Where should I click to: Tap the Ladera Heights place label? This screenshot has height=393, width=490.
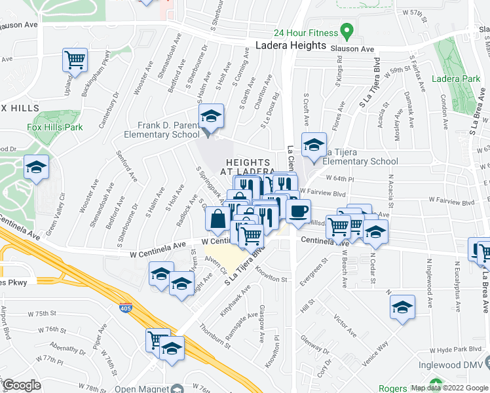pyautogui.click(x=290, y=45)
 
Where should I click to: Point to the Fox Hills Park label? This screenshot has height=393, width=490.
pyautogui.click(x=54, y=126)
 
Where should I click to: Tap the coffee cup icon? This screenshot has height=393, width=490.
pyautogui.click(x=299, y=211)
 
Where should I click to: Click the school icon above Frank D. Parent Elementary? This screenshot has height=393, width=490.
pyautogui.click(x=211, y=117)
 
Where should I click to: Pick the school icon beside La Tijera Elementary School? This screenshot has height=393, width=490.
pyautogui.click(x=314, y=144)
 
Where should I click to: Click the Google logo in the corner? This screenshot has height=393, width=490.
pyautogui.click(x=22, y=385)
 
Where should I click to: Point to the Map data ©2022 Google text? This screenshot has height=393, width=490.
pyautogui.click(x=449, y=388)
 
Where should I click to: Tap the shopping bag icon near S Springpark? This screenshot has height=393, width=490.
pyautogui.click(x=218, y=220)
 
